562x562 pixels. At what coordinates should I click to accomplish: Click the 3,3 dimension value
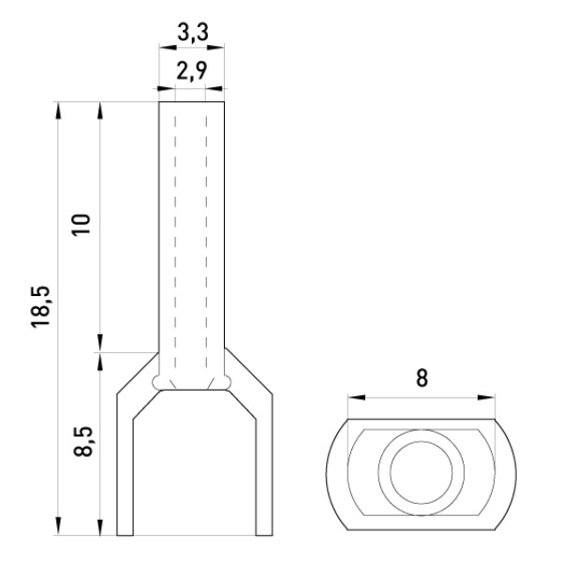[x=192, y=33]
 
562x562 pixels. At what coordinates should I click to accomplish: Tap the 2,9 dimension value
[x=192, y=70]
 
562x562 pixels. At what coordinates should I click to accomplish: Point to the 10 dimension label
[x=81, y=225]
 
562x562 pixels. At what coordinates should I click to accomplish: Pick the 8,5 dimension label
[x=83, y=441]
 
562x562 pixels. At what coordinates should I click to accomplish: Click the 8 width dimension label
[x=421, y=378]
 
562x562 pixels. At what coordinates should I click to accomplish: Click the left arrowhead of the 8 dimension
[x=356, y=397]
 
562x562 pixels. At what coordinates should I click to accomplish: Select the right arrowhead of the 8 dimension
[x=486, y=397]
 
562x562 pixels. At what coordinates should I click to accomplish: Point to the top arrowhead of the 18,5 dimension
[x=58, y=111]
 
